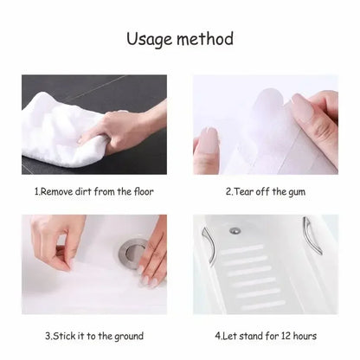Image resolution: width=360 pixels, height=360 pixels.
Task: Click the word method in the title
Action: click(x=205, y=40)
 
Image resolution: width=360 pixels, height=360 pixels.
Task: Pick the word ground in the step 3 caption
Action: click(x=127, y=335)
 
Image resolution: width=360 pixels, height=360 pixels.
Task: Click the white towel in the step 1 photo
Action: click(x=61, y=138)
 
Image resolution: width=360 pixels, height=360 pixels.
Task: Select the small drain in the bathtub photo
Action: click(x=235, y=231)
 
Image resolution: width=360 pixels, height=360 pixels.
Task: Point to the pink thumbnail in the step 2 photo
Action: click(x=209, y=139)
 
